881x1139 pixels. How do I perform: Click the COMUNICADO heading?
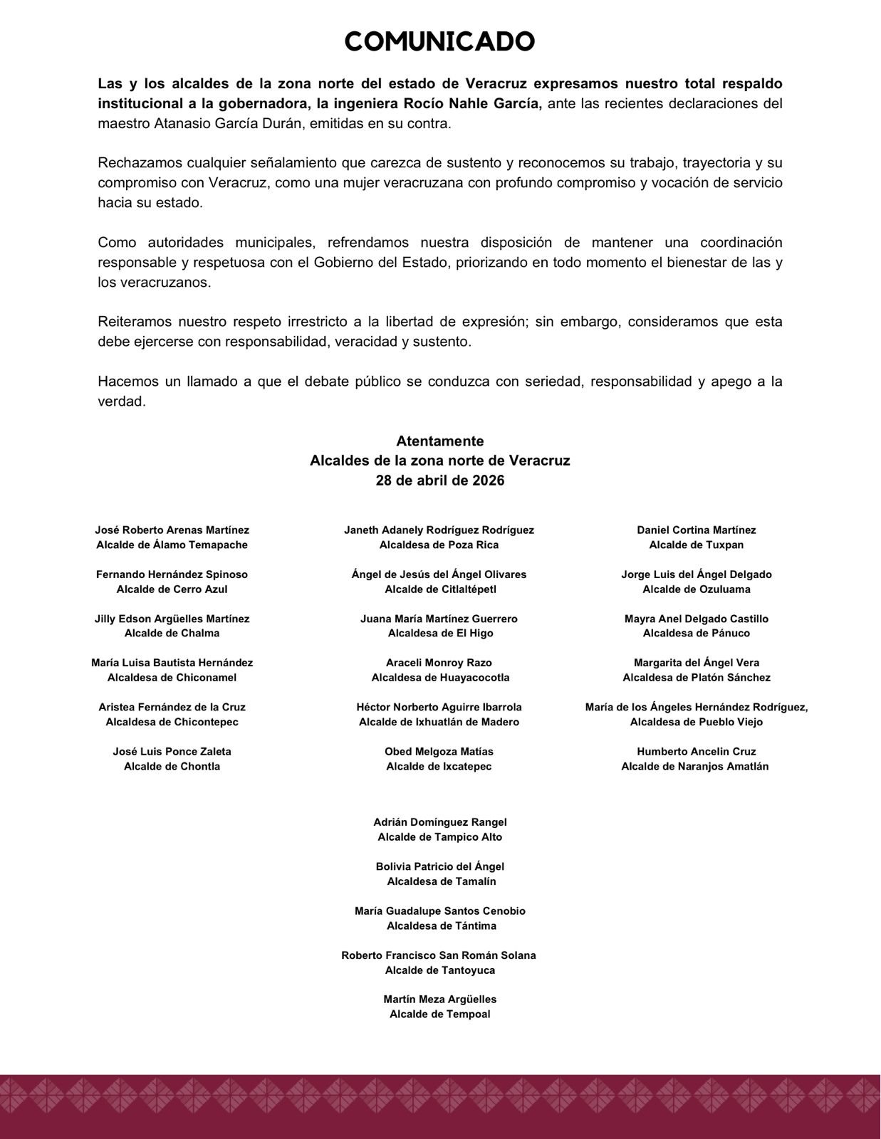point(439,42)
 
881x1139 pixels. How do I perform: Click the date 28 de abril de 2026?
point(440,481)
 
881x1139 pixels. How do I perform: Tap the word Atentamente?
point(440,441)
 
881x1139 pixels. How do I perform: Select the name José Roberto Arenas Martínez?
point(172,530)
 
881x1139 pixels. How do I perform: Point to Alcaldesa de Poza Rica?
point(439,545)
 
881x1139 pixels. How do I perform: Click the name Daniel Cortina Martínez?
point(697,530)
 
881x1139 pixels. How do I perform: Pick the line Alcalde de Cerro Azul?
point(172,589)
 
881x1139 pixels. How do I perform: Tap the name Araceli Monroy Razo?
point(439,663)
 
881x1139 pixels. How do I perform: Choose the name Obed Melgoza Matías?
point(439,752)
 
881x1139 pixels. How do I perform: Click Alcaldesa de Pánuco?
point(697,634)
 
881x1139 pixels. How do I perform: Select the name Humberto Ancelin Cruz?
point(697,752)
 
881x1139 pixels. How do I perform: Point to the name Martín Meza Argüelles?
point(440,999)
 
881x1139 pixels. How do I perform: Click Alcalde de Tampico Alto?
point(440,837)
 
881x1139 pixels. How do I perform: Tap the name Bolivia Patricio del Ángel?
point(440,867)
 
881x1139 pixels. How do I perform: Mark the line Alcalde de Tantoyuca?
point(440,970)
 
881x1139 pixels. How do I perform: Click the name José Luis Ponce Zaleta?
point(172,752)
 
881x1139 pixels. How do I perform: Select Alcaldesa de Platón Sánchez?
point(697,678)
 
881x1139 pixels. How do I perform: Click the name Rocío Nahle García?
point(473,104)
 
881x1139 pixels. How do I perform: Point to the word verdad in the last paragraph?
point(122,401)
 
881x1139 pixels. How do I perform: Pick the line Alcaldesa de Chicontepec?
point(172,722)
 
